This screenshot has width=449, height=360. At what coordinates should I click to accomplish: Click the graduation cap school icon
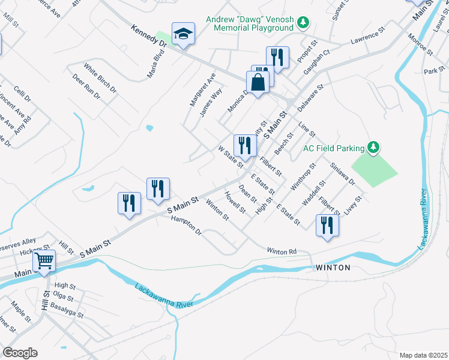click(x=184, y=34)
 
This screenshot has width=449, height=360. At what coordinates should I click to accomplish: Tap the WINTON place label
click(x=333, y=268)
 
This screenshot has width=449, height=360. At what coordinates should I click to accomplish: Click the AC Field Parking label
click(x=334, y=148)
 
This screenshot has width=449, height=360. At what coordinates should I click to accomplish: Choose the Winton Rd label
click(x=282, y=251)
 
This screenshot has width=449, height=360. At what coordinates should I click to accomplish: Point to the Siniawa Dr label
click(x=342, y=173)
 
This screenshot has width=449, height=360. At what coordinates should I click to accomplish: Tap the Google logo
click(x=20, y=352)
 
